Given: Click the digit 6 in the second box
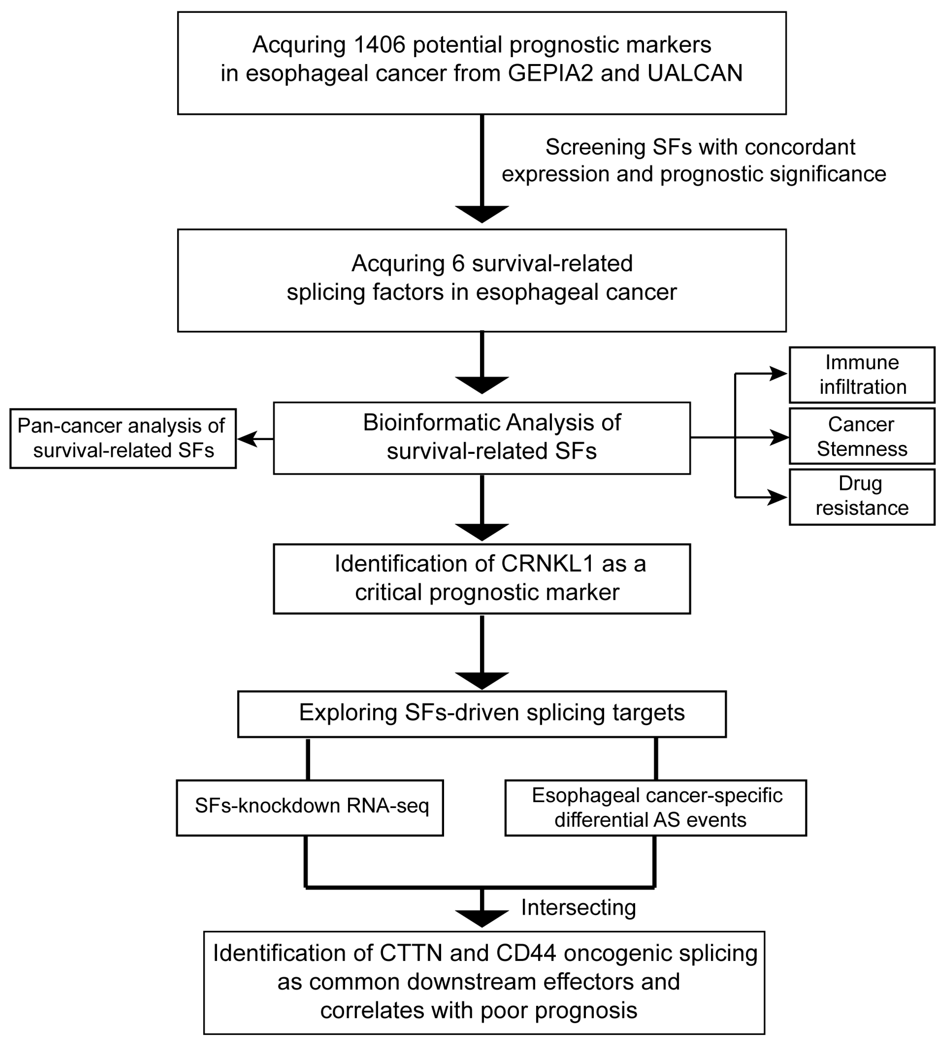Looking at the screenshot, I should (459, 264).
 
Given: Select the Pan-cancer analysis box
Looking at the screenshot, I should (123, 439).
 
